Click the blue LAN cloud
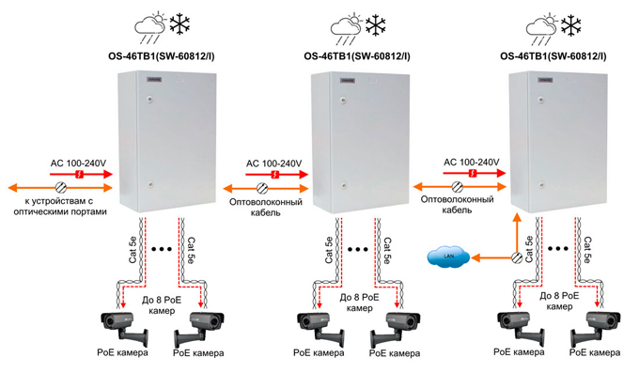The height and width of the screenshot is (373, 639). coord(448,256)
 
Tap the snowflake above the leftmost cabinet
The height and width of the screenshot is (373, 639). coord(179,24)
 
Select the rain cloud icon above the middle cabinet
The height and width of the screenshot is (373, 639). coord(346,29)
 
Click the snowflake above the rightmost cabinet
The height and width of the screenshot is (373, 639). coord(571,24)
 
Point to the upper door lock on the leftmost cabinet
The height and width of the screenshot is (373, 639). coord(150,99)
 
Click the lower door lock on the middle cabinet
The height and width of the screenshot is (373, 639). coord(344,185)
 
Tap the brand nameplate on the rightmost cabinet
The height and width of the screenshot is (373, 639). coord(546,80)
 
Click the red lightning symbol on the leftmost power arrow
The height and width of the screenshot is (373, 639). coord(80,175)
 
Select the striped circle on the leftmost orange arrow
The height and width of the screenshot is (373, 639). coord(61,188)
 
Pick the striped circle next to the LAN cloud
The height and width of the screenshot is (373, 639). coord(517,257)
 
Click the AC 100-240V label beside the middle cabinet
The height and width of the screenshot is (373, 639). coord(273,163)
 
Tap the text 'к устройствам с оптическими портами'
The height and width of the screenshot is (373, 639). coord(60,207)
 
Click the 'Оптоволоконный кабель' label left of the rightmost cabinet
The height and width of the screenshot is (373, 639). coord(458,205)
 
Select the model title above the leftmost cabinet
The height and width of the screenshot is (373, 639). coord(162,56)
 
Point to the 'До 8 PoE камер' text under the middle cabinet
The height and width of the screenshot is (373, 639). coord(359,303)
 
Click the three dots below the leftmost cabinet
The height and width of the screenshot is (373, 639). coord(162,249)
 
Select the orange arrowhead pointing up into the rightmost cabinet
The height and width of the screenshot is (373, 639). coord(517,218)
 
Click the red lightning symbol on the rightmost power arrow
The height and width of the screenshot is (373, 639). coord(473,173)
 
